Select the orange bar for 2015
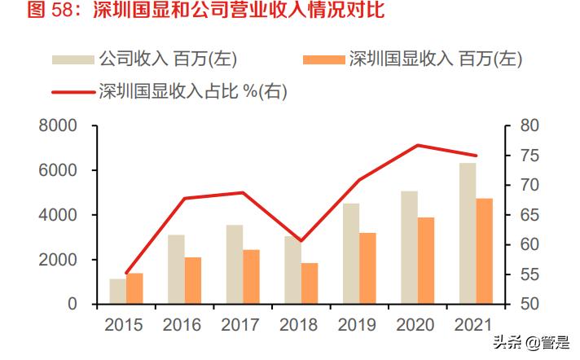(x=134, y=289)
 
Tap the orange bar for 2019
(x=367, y=269)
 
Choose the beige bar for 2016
(x=176, y=270)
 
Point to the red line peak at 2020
(x=418, y=146)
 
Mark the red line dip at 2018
(x=301, y=241)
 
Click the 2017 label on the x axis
(x=240, y=325)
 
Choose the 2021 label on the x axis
(x=474, y=325)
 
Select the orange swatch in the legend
(x=323, y=59)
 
